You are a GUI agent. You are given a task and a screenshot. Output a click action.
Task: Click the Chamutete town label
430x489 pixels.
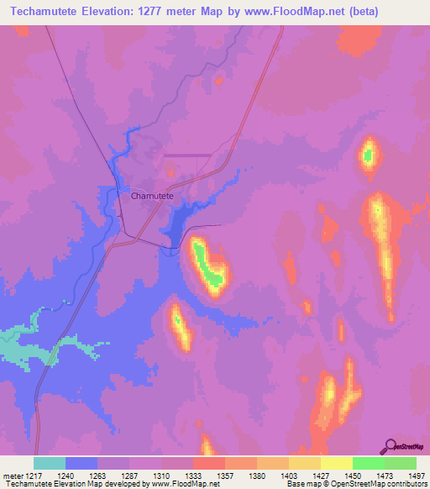click(152, 195)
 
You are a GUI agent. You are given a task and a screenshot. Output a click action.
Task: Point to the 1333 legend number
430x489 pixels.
click(193, 475)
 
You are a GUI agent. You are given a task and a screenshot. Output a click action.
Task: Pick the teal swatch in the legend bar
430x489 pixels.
click(50, 463)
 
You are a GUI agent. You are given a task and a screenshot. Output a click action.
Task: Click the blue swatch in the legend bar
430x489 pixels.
click(81, 463)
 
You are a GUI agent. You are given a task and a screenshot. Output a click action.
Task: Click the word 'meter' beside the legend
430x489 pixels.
click(11, 475)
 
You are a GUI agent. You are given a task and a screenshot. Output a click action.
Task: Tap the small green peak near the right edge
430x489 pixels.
click(368, 154)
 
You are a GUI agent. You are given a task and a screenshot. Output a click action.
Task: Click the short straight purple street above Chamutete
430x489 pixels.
click(186, 155)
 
